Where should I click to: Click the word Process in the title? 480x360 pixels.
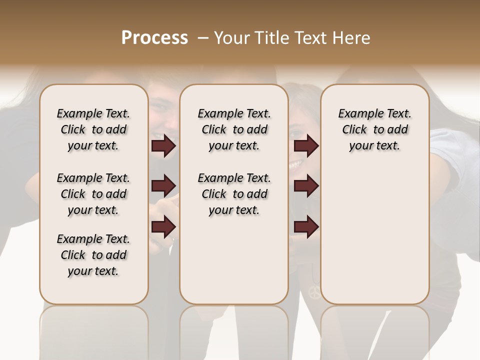coord(154,38)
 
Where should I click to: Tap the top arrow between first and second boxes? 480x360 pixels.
coord(163,146)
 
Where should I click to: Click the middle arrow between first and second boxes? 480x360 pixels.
coord(163,186)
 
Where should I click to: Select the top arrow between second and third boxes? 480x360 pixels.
coord(306,146)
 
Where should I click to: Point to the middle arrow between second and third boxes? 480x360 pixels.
coord(306,186)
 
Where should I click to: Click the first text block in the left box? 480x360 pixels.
coord(93,129)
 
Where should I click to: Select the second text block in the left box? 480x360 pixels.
coord(93,194)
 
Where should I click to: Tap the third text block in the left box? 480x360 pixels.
coord(93,255)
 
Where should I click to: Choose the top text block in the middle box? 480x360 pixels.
coord(234,129)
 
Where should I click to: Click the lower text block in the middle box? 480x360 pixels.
coord(234,194)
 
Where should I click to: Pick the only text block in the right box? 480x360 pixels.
coord(374,129)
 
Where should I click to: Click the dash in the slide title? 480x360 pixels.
coord(203,38)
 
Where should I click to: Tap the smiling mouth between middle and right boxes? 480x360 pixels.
coord(295,164)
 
